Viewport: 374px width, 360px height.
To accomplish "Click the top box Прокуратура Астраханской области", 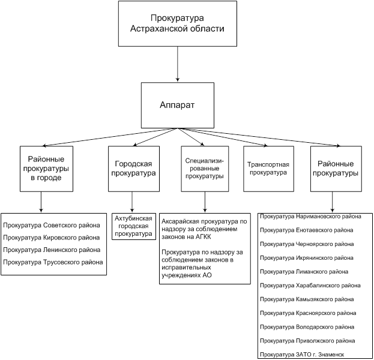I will tap(178, 23).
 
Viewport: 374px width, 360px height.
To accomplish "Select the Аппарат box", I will tap(177, 104).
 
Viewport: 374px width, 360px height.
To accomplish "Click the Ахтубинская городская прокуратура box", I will tap(134, 226).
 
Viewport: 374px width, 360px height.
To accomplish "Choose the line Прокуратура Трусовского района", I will tap(53, 262).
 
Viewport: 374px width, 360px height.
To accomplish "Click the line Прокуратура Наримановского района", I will tap(311, 217).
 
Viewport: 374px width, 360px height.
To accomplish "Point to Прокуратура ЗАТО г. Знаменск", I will tap(304, 355).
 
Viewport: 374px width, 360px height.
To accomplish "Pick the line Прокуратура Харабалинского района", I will tap(311, 285).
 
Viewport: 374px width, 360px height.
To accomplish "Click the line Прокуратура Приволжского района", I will tap(307, 340).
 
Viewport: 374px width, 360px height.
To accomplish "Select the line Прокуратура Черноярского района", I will tap(307, 244).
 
